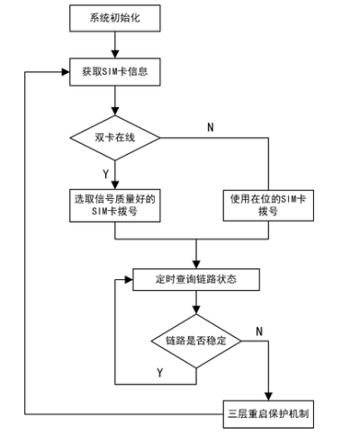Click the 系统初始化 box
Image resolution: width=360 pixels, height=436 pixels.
(115, 18)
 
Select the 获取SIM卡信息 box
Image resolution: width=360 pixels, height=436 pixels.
(115, 72)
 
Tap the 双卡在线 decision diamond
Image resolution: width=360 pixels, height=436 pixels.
(115, 138)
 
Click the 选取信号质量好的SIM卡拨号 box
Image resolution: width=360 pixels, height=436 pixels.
(115, 205)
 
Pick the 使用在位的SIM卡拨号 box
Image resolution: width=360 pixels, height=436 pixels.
(268, 205)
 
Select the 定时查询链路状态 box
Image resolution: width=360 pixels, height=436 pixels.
(196, 279)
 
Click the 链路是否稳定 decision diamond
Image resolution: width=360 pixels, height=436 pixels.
(196, 341)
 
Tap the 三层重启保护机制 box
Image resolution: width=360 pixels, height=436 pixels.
(268, 414)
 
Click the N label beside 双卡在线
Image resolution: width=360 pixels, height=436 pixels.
(211, 127)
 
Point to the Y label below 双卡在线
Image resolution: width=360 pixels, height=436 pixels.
(105, 174)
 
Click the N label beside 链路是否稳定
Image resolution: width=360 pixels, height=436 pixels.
(259, 332)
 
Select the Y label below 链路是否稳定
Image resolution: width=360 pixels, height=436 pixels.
(160, 373)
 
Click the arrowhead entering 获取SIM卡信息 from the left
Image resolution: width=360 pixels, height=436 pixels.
(66, 72)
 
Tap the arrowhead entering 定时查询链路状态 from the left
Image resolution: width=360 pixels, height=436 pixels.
(129, 280)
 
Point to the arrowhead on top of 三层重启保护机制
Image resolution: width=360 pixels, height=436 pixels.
(268, 396)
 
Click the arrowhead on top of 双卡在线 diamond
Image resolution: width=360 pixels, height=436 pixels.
(115, 112)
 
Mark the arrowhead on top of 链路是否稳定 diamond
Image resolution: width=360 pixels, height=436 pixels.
(196, 310)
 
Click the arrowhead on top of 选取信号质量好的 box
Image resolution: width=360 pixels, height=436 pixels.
(115, 185)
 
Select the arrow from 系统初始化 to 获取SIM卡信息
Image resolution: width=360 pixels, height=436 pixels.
(115, 45)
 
